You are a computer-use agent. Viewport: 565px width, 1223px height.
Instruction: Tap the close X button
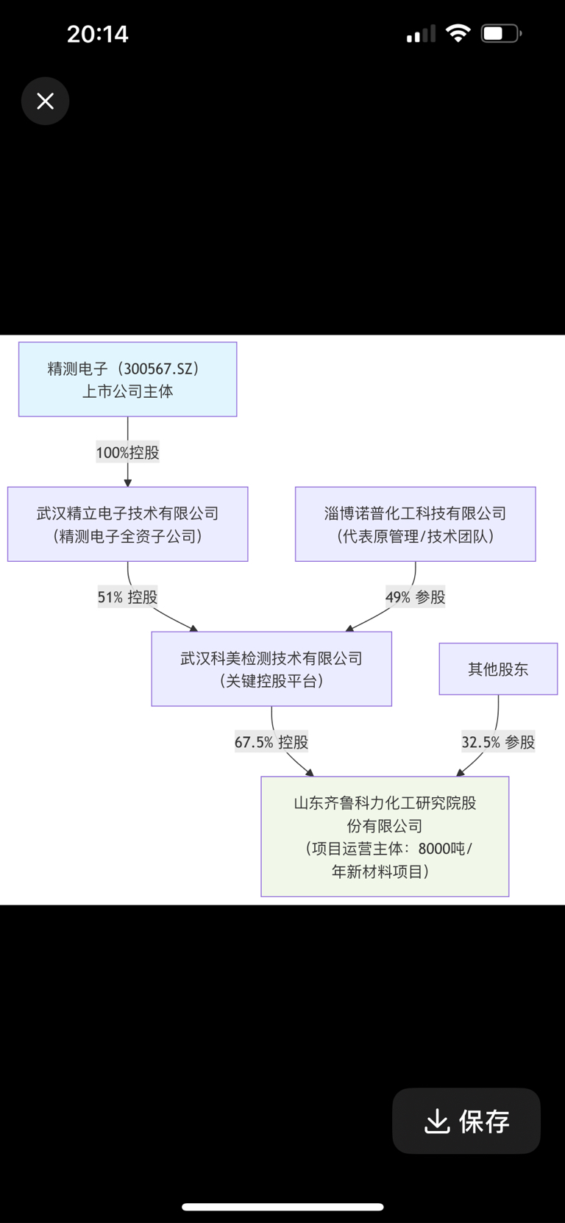[45, 101]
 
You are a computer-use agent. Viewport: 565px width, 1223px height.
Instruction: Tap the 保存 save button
[466, 1121]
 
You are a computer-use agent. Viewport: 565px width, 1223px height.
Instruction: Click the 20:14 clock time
[97, 34]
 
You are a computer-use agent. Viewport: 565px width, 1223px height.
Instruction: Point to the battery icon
[501, 34]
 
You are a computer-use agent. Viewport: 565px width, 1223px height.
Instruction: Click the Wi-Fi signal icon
[458, 33]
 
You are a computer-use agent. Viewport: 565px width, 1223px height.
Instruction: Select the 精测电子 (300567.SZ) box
[127, 379]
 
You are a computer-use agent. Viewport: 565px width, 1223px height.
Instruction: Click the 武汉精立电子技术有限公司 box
[127, 524]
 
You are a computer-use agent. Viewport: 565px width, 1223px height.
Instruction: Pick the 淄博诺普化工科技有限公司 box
[415, 524]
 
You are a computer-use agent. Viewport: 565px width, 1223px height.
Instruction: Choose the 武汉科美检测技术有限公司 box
[271, 668]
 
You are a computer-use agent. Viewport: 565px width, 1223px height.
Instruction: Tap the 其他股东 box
[498, 668]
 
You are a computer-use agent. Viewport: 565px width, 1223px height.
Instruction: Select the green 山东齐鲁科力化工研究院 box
[385, 836]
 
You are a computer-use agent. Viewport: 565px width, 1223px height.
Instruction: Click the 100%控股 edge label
[127, 452]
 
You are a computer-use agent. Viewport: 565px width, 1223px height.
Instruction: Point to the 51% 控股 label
[127, 597]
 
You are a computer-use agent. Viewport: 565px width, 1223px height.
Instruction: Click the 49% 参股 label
[415, 597]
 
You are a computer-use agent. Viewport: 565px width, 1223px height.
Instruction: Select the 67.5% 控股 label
[271, 742]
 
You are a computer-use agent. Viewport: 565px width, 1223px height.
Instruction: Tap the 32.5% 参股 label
[498, 742]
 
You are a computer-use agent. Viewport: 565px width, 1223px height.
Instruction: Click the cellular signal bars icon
[421, 34]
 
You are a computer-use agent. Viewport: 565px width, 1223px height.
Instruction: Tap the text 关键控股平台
[271, 681]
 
